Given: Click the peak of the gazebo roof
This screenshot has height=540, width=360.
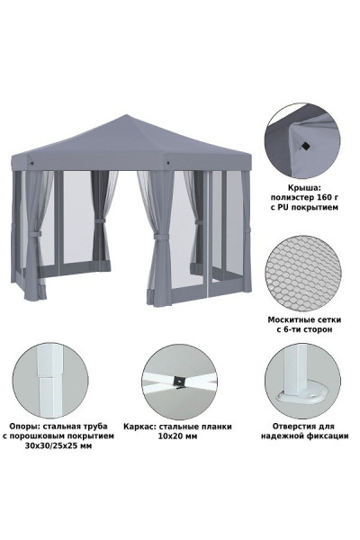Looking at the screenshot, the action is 127,115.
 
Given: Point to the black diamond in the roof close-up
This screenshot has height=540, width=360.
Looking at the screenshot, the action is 305,147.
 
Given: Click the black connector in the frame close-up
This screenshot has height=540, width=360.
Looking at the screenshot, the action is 179,381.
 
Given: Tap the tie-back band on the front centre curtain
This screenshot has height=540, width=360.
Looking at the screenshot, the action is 161,237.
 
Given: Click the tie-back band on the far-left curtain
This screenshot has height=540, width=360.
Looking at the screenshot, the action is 34,234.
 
